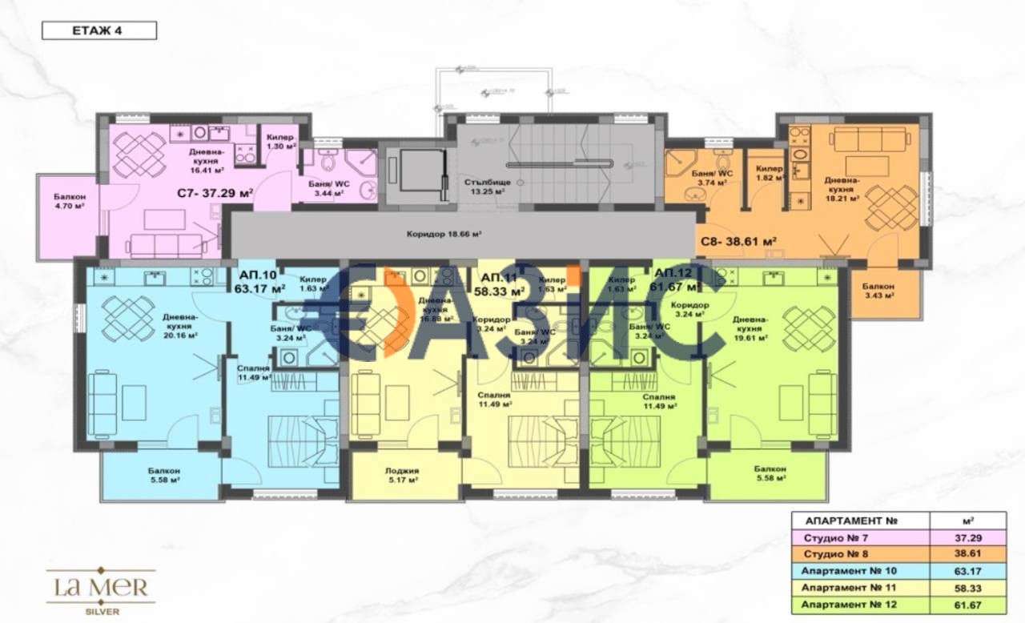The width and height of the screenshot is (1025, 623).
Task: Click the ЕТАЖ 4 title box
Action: coord(98,31)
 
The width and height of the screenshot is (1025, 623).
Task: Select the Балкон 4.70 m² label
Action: coord(70,201)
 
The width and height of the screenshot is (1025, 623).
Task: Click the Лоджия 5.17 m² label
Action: coord(402,476)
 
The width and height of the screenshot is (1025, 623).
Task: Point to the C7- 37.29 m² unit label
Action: coord(215,192)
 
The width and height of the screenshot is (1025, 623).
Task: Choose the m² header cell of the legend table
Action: coord(969,519)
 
